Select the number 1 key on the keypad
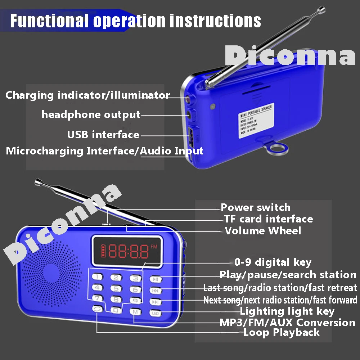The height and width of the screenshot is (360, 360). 98,277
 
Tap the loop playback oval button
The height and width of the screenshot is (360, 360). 97,308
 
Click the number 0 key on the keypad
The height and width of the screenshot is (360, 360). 116,310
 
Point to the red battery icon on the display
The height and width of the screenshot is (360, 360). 104,249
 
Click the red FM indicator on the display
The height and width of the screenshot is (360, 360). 154,247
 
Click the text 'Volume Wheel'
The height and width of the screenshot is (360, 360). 263,230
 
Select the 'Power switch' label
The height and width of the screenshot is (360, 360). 255,207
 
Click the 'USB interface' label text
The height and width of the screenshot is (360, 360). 103,135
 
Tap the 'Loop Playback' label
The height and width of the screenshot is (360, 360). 282,332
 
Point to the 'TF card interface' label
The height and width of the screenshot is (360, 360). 268,219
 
